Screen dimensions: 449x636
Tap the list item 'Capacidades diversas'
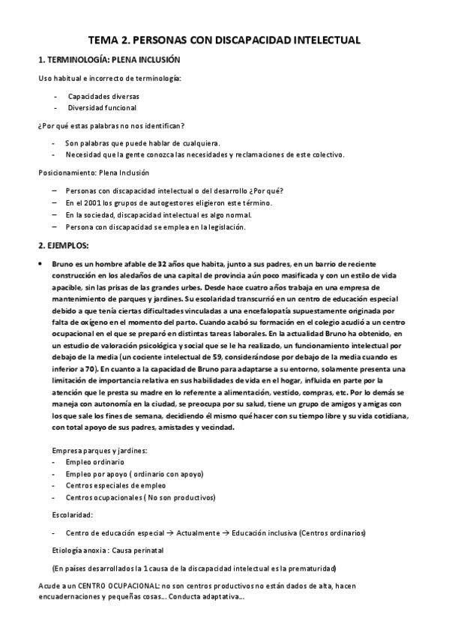tap(103, 97)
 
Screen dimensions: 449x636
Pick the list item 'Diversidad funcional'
tap(102, 108)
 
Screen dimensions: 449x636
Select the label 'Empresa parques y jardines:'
tap(100, 450)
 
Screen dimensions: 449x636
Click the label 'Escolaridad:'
tap(72, 515)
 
